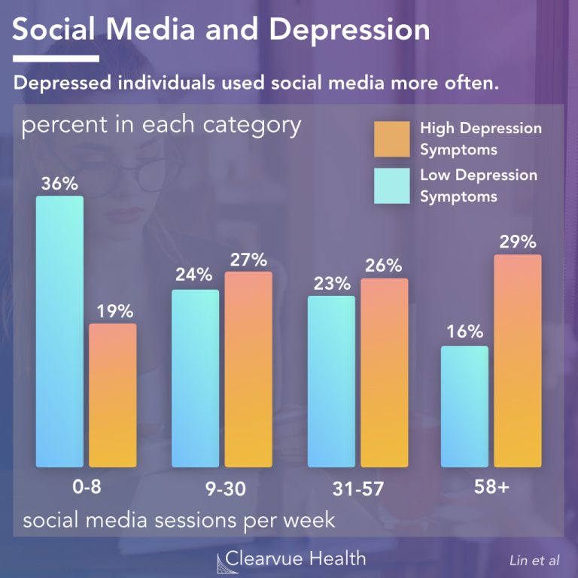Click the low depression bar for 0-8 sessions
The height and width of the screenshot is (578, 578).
59,331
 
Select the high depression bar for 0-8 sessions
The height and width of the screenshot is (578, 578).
113,395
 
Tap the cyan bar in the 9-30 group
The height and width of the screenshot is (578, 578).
195,378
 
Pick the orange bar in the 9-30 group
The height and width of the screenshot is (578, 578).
248,369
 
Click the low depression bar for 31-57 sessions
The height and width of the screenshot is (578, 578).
331,381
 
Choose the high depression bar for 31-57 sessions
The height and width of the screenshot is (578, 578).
385,373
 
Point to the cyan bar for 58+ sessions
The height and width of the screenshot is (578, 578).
464,406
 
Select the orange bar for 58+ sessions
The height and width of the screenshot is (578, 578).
518,360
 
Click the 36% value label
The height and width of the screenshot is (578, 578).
59,181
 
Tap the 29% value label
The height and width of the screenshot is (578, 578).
518,242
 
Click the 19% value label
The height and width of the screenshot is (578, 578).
113,310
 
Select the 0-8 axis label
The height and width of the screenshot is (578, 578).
81,487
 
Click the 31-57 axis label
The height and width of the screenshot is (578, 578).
357,488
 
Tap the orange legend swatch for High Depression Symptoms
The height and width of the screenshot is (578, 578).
391,139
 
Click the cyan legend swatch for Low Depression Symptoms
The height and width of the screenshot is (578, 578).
391,186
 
